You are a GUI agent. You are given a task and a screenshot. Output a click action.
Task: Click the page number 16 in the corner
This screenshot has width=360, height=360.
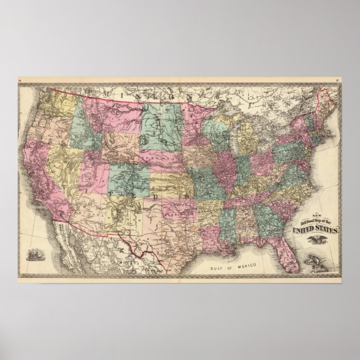pyautogui.click(x=20, y=83)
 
